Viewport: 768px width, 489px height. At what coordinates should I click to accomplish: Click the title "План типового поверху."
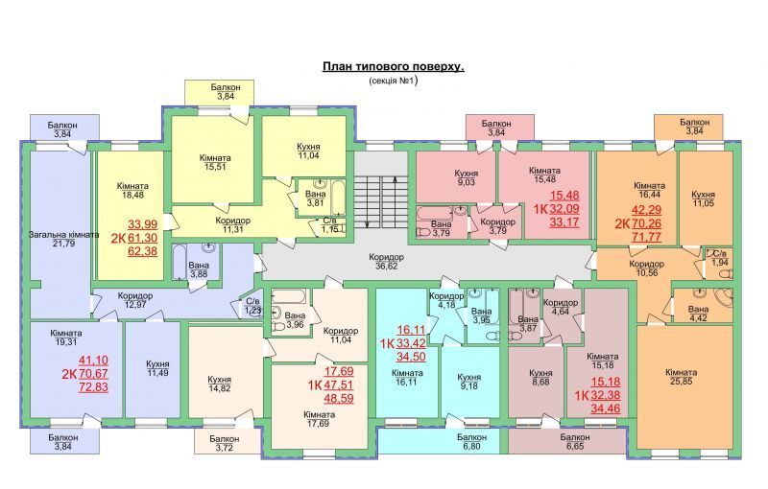point(393,66)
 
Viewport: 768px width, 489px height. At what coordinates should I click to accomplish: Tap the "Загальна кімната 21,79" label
point(63,239)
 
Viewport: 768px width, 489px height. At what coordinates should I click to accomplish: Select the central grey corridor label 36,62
point(387,262)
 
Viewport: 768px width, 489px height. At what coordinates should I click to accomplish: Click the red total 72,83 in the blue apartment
point(93,387)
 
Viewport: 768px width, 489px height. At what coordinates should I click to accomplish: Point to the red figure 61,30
point(142,238)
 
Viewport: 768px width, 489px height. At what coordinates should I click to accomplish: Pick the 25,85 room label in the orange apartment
point(681,377)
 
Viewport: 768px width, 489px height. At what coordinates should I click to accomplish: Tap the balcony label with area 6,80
point(471,442)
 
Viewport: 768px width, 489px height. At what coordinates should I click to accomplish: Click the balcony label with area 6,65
point(575,442)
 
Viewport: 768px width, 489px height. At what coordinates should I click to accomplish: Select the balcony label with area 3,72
point(225,443)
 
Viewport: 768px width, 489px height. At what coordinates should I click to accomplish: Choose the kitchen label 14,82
point(219,384)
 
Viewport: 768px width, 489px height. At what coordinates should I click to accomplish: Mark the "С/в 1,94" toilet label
point(719,258)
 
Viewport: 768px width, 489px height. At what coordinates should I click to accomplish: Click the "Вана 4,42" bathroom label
point(698,314)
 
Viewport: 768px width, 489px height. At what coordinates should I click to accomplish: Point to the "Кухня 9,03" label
point(466,178)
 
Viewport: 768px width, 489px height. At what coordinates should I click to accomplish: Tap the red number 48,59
point(338,398)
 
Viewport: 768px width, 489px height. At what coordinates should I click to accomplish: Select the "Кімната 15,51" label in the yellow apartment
point(215,162)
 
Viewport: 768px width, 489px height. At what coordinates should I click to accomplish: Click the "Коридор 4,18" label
point(446,301)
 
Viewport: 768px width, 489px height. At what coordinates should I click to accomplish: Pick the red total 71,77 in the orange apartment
point(646,238)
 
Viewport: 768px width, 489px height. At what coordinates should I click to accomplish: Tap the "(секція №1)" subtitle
point(393,81)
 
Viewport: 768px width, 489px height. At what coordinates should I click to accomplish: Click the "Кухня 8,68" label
point(540,377)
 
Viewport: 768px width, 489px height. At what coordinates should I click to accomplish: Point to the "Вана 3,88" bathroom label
point(199,269)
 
